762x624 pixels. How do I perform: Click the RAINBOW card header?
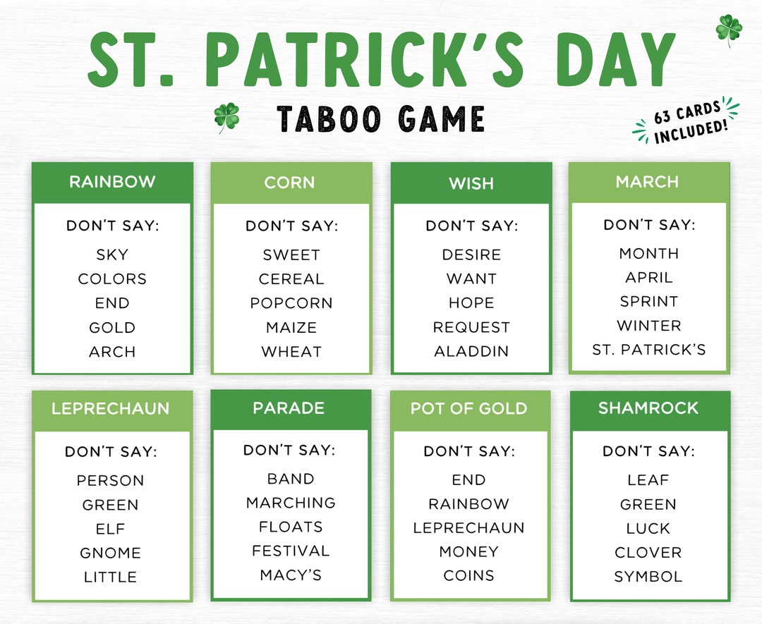(112, 182)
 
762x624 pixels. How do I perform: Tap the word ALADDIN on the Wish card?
(471, 351)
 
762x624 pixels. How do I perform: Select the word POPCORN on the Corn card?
(291, 303)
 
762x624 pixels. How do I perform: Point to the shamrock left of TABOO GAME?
(226, 117)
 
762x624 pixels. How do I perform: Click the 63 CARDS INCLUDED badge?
(687, 122)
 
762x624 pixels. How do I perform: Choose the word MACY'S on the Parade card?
(291, 575)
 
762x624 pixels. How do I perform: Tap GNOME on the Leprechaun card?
(110, 553)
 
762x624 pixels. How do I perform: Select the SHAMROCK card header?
(648, 408)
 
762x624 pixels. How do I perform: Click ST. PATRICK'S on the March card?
(648, 350)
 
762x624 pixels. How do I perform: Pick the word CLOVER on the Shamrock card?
(648, 553)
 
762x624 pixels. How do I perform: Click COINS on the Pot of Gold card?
(468, 575)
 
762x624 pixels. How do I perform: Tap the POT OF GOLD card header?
(468, 409)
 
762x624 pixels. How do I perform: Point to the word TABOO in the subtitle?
(326, 119)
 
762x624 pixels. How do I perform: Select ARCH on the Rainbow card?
(112, 351)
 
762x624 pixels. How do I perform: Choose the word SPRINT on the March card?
(648, 302)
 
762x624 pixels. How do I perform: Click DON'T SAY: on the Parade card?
(289, 450)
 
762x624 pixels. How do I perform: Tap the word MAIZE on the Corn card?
(291, 327)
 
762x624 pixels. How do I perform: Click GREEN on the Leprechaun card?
(110, 505)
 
